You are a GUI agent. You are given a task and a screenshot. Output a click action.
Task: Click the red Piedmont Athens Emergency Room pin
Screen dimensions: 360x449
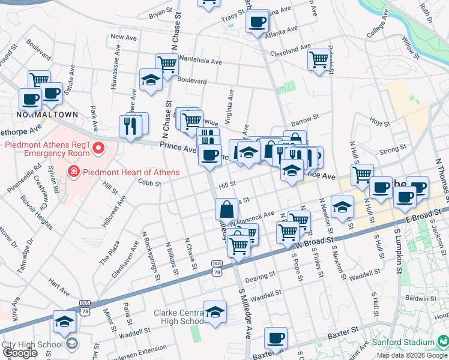tap(96, 146)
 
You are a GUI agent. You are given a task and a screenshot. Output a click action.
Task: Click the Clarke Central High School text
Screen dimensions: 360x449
tap(178, 317)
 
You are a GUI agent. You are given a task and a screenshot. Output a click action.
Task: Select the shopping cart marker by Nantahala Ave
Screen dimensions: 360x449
tap(167, 64)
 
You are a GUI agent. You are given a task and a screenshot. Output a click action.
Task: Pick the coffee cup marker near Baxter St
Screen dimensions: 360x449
tap(276, 338)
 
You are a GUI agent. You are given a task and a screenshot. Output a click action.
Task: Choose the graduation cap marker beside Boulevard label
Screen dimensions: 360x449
tap(151, 80)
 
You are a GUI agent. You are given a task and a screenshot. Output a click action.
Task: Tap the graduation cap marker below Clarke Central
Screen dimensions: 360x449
tap(215, 311)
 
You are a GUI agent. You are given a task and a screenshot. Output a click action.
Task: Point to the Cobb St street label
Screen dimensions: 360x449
tap(149, 183)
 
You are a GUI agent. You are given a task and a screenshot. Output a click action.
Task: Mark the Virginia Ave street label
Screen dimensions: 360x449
tap(230, 103)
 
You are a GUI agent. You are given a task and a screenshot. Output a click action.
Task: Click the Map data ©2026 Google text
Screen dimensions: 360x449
tap(411, 355)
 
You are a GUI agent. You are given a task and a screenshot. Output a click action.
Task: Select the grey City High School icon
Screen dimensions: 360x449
tap(72, 344)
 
